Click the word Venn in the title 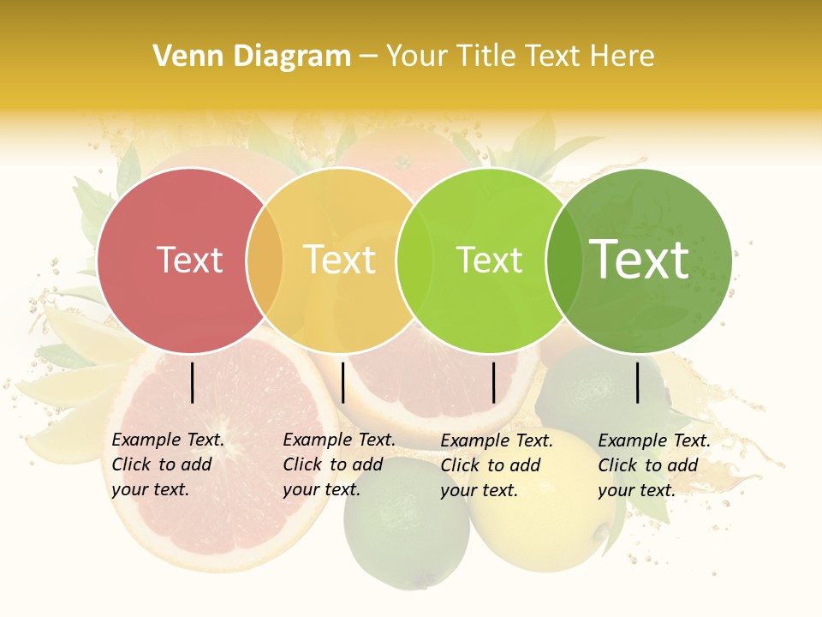[x=187, y=57]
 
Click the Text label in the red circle [x=189, y=261]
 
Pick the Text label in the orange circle [x=339, y=261]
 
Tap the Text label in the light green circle [x=489, y=261]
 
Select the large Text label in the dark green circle [x=640, y=260]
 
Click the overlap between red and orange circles [x=265, y=261]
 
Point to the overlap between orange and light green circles [x=414, y=261]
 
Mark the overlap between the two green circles [x=563, y=261]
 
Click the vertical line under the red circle [x=193, y=382]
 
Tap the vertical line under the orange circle [x=342, y=382]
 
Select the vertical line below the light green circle [x=493, y=382]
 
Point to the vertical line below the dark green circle [x=638, y=382]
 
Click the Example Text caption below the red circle [x=167, y=464]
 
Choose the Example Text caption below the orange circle [x=338, y=464]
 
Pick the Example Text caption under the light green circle [x=496, y=465]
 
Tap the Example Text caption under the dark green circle [x=653, y=465]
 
